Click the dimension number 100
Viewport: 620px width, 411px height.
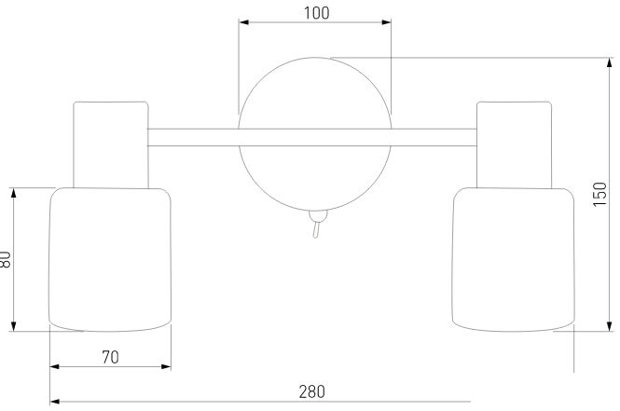point(316,13)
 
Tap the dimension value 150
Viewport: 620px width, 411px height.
point(599,194)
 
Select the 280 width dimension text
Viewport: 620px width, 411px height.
point(312,391)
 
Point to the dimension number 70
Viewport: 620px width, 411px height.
point(110,357)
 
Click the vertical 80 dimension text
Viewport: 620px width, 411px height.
point(5,260)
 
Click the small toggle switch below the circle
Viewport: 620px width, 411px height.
point(317,224)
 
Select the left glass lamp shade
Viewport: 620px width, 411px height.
point(110,260)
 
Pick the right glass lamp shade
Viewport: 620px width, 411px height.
point(513,260)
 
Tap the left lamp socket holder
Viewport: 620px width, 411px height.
point(111,144)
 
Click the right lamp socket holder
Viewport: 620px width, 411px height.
point(514,144)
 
